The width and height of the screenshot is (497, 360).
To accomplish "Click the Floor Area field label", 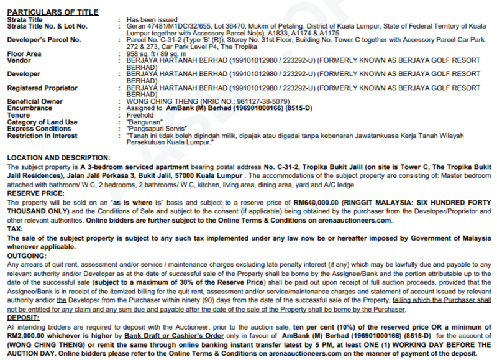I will (24, 54).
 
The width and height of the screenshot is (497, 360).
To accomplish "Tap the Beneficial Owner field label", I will (35, 101).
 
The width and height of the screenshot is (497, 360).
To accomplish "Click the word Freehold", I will (139, 115).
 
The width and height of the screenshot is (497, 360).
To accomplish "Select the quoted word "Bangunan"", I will (144, 122).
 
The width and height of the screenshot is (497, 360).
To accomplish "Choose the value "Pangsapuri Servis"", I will (154, 129).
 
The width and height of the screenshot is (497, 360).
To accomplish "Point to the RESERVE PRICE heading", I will (36, 194).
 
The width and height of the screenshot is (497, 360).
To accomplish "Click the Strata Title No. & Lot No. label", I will (47, 27).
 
